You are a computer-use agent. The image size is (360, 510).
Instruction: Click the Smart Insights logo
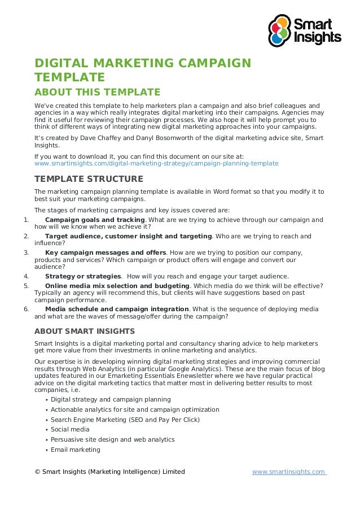pos(304,31)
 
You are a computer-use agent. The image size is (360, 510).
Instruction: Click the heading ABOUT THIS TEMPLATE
pos(97,92)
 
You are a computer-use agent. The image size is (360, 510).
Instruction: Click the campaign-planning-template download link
pos(156,163)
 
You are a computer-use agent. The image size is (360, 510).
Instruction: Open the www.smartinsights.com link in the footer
pos(289,472)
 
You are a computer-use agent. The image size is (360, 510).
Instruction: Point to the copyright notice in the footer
pos(109,472)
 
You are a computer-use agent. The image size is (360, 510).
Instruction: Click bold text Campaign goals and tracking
pos(95,220)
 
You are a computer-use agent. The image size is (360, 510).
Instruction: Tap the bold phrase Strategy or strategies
pos(83,276)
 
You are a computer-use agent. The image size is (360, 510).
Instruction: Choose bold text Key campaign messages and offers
pos(106,252)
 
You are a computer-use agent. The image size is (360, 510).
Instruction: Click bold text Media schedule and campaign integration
pos(117,310)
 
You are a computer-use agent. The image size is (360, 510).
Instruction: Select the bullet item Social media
pos(70,429)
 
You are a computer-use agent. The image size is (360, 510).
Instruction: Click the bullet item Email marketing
pos(75,450)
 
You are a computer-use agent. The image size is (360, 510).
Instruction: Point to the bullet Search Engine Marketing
pos(125,420)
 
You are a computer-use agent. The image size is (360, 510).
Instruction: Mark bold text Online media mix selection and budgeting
pos(117,286)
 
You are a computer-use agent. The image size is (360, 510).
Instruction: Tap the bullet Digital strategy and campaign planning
pos(111,399)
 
